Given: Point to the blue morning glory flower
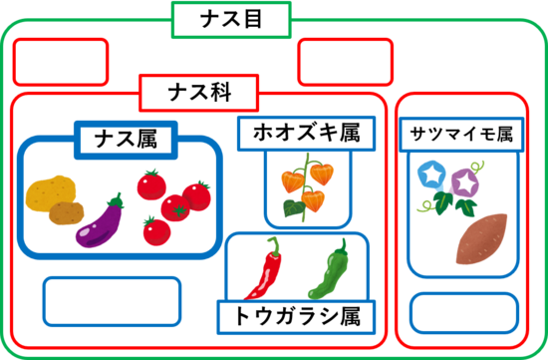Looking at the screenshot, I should (x=431, y=174).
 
